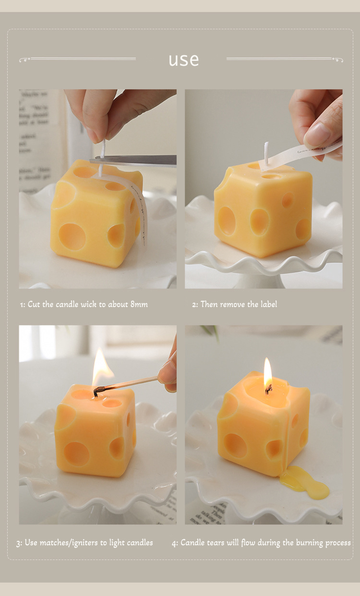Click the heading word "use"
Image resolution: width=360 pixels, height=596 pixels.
click(183, 60)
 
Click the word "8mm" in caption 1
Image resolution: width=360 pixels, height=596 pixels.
click(139, 304)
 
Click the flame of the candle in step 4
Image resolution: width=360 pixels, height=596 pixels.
click(267, 372)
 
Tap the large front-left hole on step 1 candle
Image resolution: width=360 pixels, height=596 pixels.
click(72, 236)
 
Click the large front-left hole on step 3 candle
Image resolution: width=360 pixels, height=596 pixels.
click(76, 453)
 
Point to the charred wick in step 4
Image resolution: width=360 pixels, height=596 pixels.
click(268, 389)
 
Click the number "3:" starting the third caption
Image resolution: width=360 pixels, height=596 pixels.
click(19, 543)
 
